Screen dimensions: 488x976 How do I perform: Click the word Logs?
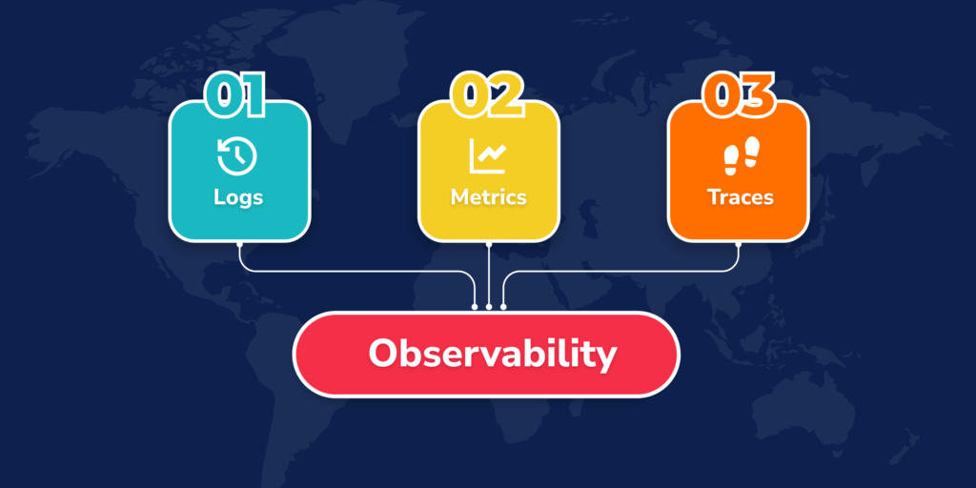[x=238, y=198]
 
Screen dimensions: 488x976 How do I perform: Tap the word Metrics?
[x=488, y=198]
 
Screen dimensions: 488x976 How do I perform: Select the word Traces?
[x=740, y=198]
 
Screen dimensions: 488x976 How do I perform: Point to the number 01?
[x=235, y=97]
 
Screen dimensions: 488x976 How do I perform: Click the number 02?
[x=487, y=97]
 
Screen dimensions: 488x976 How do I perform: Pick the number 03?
[x=739, y=97]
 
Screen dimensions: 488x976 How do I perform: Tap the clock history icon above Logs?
[x=237, y=156]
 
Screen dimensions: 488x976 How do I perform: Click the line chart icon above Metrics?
[x=488, y=156]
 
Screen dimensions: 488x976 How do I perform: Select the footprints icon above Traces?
[x=740, y=156]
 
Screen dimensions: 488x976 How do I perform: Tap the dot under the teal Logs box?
[x=238, y=244]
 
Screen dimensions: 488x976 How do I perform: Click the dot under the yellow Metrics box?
[x=489, y=244]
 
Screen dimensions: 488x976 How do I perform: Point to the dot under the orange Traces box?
[x=739, y=244]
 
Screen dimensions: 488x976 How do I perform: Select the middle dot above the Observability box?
[x=489, y=307]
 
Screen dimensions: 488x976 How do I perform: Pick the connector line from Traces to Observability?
[x=620, y=272]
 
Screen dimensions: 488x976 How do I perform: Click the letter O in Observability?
[x=383, y=354]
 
